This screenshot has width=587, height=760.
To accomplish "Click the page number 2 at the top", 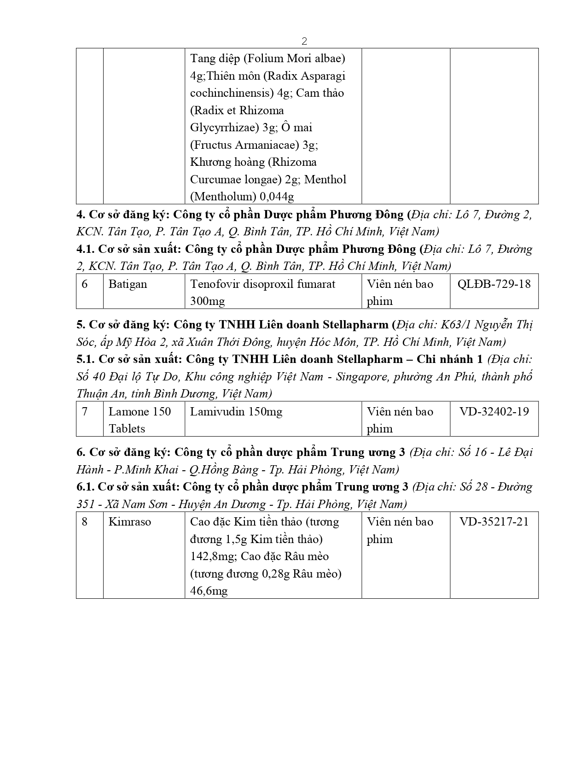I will (x=304, y=41).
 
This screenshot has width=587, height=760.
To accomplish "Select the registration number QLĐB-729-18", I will (x=494, y=284).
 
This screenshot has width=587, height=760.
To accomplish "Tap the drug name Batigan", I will (x=128, y=284).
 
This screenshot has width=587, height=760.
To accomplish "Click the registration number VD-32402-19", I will (x=494, y=411).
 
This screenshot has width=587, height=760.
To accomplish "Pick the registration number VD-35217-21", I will (x=494, y=521).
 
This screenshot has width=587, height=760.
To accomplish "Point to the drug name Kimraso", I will (x=129, y=521).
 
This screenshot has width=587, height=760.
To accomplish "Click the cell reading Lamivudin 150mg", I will (x=236, y=411).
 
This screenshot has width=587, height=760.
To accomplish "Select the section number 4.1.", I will (x=86, y=249).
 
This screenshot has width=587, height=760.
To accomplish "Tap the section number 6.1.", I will (x=86, y=487).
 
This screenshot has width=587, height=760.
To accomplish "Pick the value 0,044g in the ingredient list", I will (x=277, y=197).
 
